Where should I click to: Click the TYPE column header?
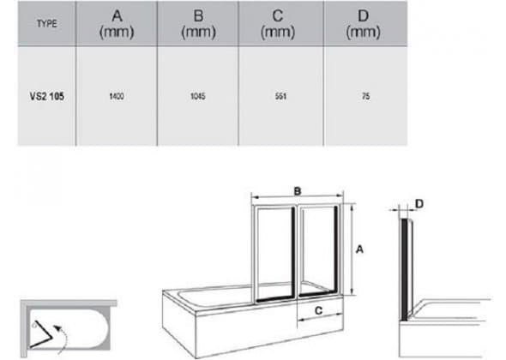(47, 23)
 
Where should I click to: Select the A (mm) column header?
(117, 23)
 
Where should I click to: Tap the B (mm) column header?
(198, 23)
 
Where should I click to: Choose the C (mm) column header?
(278, 23)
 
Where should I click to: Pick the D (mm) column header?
(364, 23)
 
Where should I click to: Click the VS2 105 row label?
(47, 96)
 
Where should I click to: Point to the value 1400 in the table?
(117, 96)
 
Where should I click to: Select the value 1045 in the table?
(198, 96)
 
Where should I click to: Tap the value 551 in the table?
(280, 96)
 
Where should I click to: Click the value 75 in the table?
(366, 96)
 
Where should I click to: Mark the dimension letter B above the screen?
(298, 191)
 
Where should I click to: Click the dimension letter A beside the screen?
(359, 249)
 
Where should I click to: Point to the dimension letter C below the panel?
(318, 310)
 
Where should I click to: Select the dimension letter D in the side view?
(419, 204)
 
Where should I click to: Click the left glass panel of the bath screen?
(274, 254)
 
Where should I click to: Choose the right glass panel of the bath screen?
(318, 250)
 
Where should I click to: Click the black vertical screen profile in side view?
(404, 270)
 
